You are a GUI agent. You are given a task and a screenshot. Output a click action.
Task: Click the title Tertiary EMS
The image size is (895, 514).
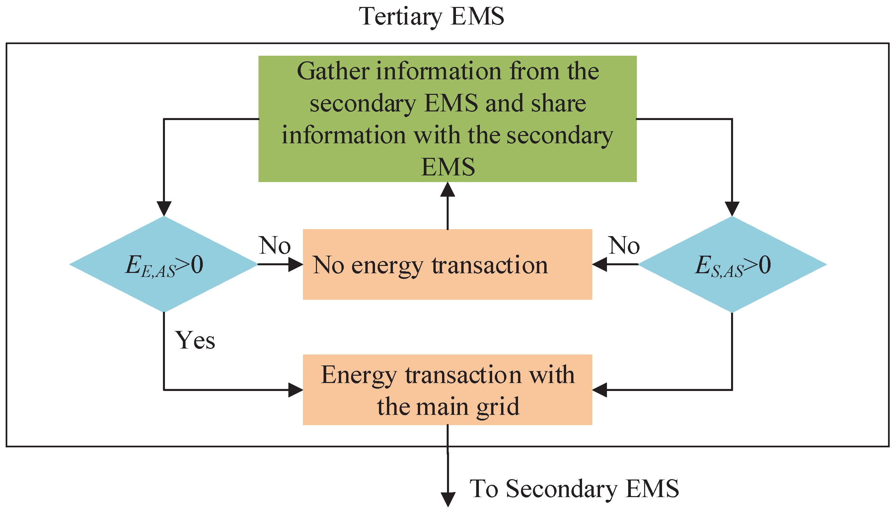point(431,17)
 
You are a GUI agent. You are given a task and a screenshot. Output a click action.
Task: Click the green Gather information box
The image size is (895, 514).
point(447,119)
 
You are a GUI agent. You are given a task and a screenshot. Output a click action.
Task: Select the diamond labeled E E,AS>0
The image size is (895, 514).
point(164,264)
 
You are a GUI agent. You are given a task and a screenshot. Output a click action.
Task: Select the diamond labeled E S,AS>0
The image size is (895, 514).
point(732,264)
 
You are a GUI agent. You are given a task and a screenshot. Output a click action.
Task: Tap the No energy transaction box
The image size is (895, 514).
point(447,264)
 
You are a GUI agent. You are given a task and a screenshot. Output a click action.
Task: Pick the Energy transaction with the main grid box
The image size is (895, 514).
point(447,390)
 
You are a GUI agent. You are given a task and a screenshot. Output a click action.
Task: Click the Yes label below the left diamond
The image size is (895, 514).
point(195,341)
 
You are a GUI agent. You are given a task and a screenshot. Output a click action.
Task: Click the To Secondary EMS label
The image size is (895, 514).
point(574,488)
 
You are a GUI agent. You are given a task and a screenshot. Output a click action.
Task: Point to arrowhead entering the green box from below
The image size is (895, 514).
point(447,190)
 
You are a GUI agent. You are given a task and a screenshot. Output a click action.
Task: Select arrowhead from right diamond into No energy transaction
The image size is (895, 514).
point(600,264)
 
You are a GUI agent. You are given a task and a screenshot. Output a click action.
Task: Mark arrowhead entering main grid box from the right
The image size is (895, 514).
point(600,390)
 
